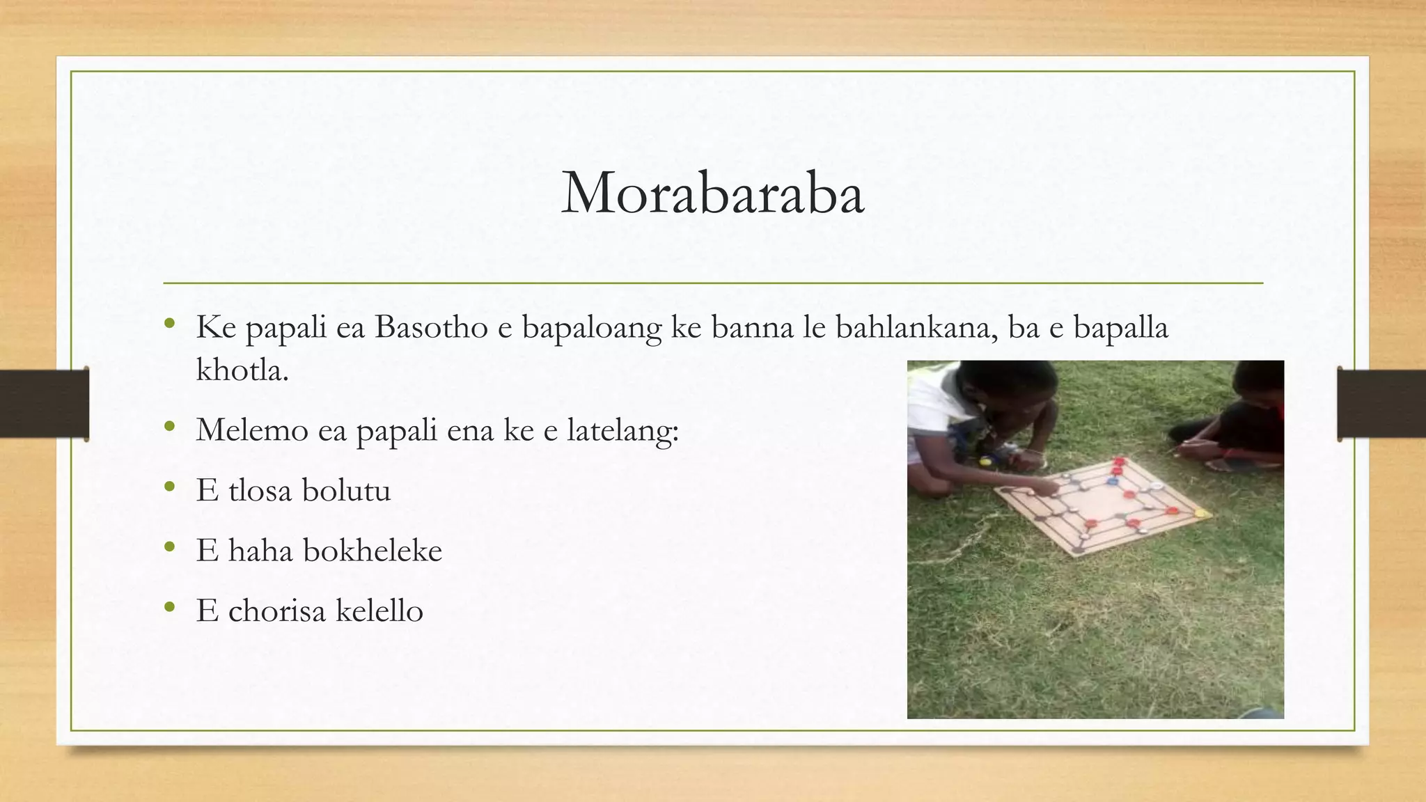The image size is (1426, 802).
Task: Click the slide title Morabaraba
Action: tap(712, 193)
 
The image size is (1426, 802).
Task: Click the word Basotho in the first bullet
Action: tap(431, 327)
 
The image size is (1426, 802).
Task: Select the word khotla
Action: tap(242, 370)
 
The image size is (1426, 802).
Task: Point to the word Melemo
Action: tap(252, 430)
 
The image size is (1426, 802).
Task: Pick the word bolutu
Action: tap(346, 490)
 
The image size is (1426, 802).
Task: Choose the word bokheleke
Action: tap(373, 551)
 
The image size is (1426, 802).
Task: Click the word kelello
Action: tap(379, 611)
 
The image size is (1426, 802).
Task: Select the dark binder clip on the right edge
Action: tap(1381, 404)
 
